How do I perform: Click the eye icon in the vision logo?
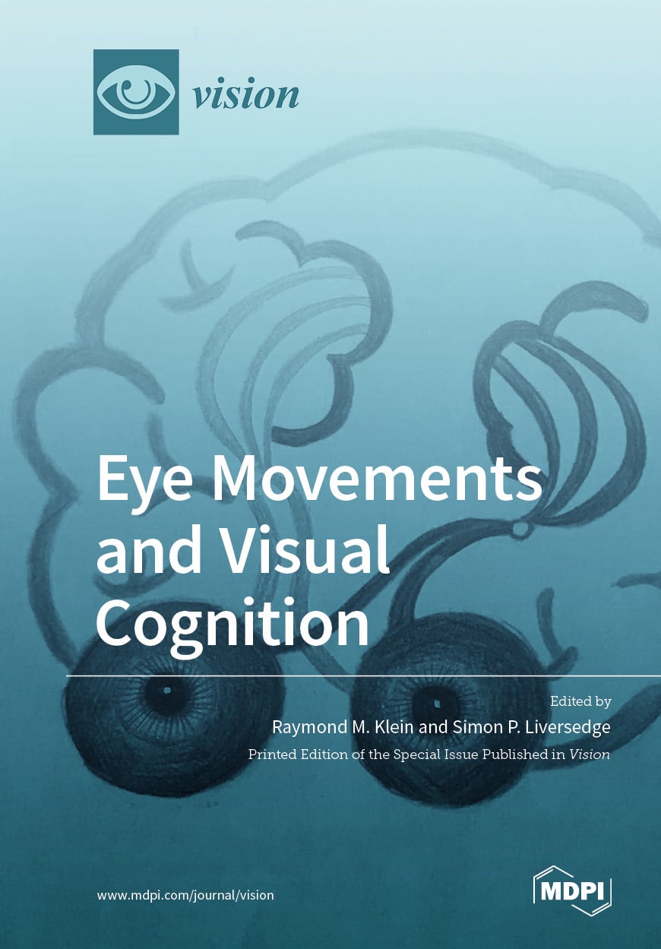[x=136, y=93]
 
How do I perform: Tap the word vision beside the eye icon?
[x=245, y=95]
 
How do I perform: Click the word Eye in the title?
[x=144, y=480]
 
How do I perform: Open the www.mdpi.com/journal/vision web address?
[x=185, y=895]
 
